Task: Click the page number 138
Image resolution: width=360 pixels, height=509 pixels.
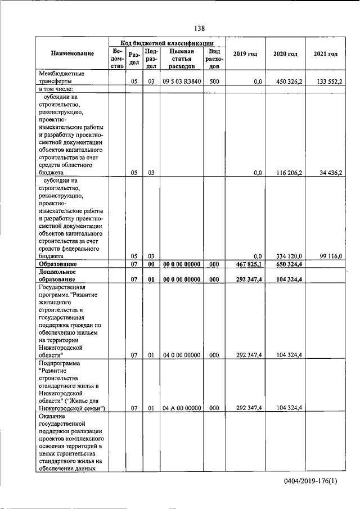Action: pyautogui.click(x=199, y=29)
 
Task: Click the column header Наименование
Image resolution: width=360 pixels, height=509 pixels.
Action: pyautogui.click(x=73, y=54)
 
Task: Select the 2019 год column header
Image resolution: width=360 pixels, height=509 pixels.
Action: pyautogui.click(x=245, y=54)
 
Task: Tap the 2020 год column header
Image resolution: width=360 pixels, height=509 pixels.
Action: pyautogui.click(x=285, y=54)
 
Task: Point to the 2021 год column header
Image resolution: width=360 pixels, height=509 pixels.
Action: pyautogui.click(x=326, y=54)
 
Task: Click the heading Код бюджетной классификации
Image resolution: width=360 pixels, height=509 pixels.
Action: pyautogui.click(x=167, y=43)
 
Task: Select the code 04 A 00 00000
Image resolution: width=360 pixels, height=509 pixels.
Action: pyautogui.click(x=180, y=408)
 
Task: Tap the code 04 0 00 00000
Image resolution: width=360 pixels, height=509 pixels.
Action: pyautogui.click(x=180, y=355)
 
